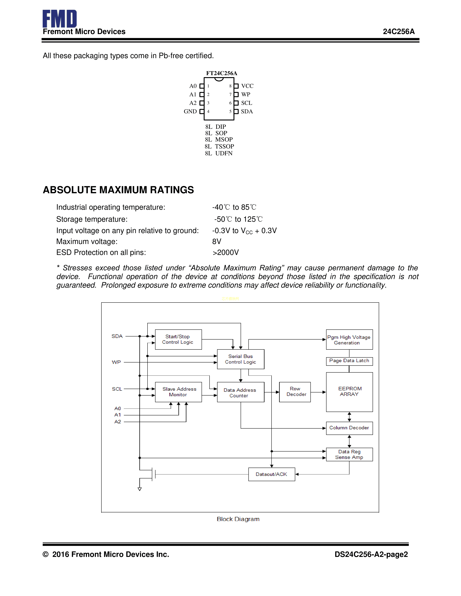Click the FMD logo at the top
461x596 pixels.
59,19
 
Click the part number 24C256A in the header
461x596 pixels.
398,32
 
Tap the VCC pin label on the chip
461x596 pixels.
247,86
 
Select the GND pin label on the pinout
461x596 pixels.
190,111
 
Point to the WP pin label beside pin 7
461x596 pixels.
246,94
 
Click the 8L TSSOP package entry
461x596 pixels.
219,146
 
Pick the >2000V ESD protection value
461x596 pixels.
226,252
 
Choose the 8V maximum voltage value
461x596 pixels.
217,241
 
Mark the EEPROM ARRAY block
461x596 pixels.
349,392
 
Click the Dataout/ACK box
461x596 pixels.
272,474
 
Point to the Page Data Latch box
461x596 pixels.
349,361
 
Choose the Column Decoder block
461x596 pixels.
349,428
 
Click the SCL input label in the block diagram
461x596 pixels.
117,389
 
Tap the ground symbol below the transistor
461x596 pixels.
140,489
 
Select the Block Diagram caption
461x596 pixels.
238,519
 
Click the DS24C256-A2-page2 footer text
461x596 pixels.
371,554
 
